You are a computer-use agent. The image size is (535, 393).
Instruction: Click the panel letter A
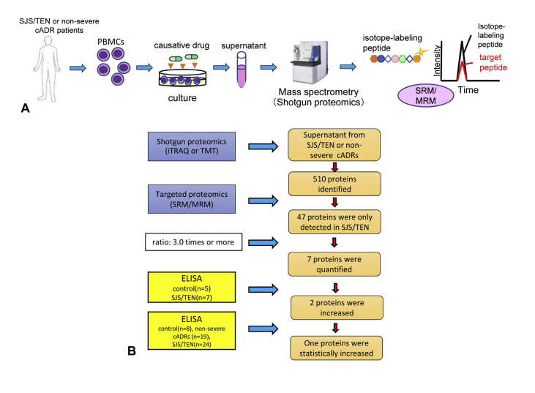coord(25,108)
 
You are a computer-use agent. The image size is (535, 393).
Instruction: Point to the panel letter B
coord(131,351)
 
